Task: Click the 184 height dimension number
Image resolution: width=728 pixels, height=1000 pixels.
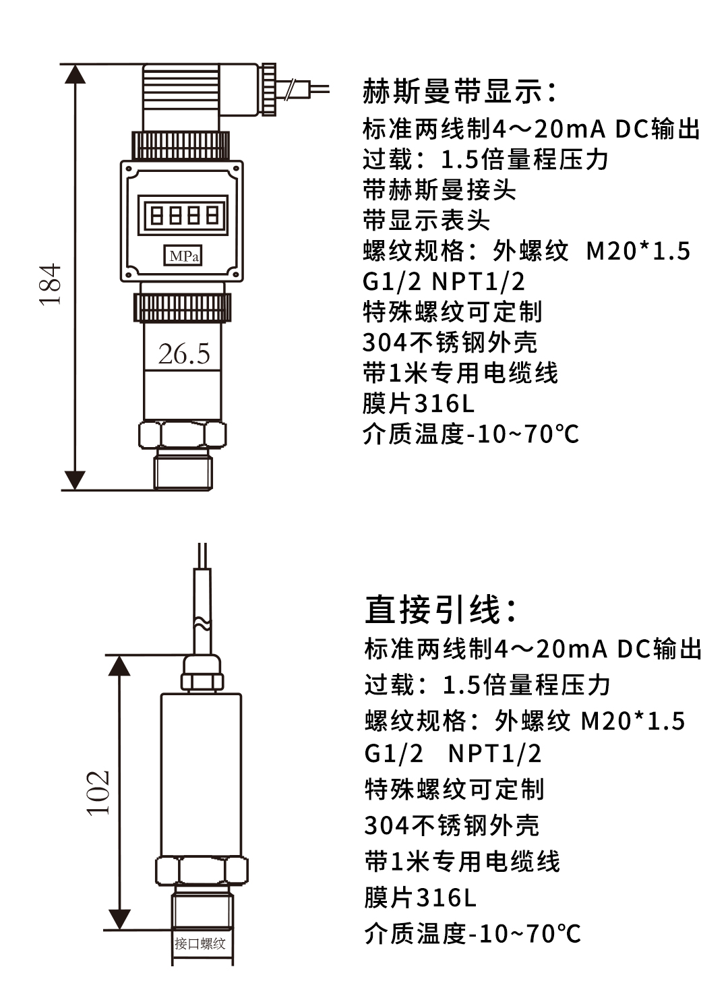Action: tap(51, 285)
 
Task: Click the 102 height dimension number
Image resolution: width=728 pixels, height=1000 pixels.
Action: tap(98, 792)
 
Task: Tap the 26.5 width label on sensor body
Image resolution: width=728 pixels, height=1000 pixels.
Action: tap(183, 354)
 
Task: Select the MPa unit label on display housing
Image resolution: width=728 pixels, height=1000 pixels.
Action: tap(183, 256)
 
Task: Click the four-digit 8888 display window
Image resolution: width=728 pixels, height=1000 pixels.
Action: tap(183, 216)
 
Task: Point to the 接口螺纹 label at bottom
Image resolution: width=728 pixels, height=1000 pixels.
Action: tap(200, 943)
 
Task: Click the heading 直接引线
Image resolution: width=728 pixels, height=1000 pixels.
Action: tap(442, 610)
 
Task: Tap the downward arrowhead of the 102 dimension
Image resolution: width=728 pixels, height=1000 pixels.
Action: tap(119, 918)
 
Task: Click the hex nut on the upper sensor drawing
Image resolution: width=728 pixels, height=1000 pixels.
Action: tap(183, 435)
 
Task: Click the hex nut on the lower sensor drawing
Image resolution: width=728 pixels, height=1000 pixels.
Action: tap(202, 871)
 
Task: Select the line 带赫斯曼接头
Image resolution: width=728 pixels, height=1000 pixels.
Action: tap(439, 190)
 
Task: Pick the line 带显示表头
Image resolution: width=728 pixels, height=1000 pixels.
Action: tap(426, 220)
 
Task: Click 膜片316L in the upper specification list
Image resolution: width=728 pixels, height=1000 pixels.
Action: tap(418, 403)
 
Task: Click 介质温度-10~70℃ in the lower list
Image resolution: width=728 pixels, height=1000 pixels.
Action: tap(472, 934)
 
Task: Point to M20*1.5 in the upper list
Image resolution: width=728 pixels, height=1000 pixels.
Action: tap(638, 251)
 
